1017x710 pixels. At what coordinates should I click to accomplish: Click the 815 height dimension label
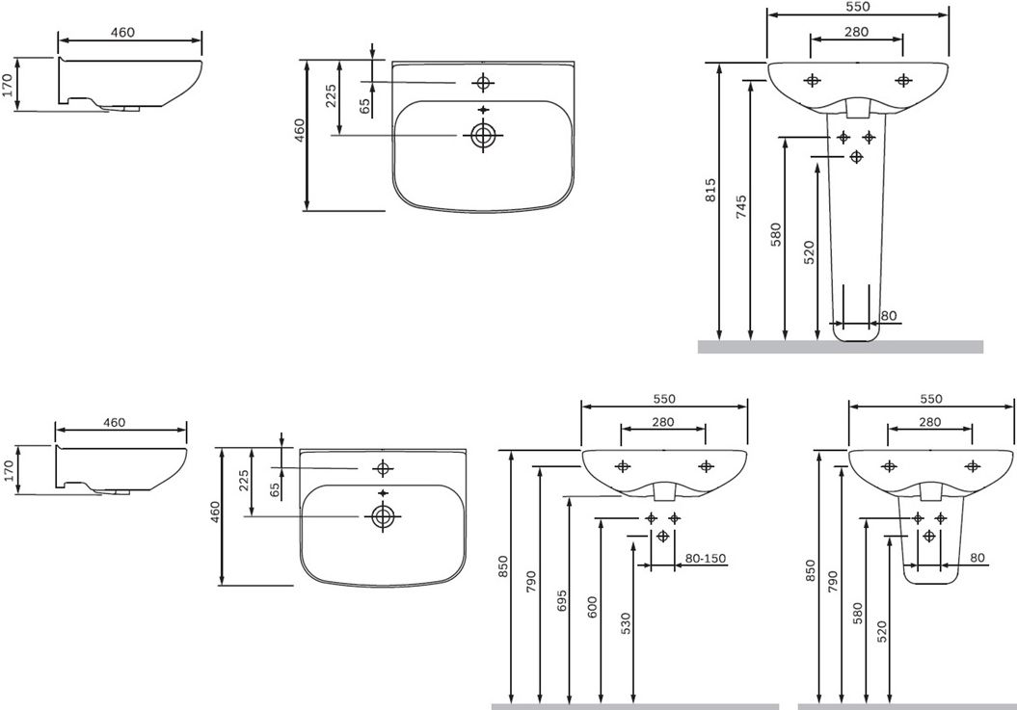click(710, 190)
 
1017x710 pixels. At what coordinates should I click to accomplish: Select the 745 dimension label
click(742, 206)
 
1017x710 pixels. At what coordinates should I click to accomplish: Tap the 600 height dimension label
click(592, 608)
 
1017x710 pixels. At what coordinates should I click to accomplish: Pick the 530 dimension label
click(626, 624)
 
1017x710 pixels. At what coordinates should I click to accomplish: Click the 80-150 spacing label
click(705, 559)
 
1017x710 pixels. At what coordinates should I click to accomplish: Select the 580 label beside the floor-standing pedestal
click(776, 235)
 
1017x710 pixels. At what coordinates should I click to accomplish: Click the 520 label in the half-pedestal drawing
click(881, 632)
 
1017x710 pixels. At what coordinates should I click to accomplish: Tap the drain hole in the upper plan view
click(483, 135)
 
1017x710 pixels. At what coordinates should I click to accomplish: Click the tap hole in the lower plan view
click(383, 467)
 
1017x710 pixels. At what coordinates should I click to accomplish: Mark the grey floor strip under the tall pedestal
click(841, 347)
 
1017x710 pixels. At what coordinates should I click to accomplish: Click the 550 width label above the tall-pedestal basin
click(857, 7)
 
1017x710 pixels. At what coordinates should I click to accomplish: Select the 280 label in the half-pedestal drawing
click(929, 422)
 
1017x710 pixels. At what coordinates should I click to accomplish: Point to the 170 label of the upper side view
click(9, 84)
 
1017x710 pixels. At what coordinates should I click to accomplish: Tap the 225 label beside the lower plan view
click(244, 481)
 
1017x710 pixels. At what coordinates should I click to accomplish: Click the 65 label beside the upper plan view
click(365, 106)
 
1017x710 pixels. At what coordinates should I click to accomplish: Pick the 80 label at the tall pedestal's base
click(889, 316)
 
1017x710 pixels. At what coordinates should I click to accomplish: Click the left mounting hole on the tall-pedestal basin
click(812, 80)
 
